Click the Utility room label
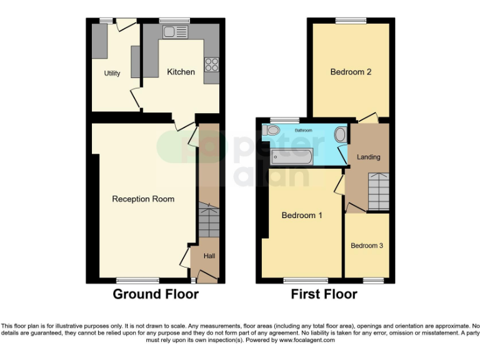coord(112,74)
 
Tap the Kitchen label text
coord(181,72)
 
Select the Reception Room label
coord(143,199)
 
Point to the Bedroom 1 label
coord(302,216)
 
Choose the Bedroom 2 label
coord(351,72)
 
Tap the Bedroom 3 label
coord(367,246)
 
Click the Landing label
coord(369,157)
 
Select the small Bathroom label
coord(304,130)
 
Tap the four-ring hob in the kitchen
coord(211,64)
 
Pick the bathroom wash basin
coord(340,135)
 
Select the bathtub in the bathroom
coord(297,155)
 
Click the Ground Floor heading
coord(156,294)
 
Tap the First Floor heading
coord(324,294)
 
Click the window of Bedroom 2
coord(351,21)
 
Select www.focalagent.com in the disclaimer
coord(307,341)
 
